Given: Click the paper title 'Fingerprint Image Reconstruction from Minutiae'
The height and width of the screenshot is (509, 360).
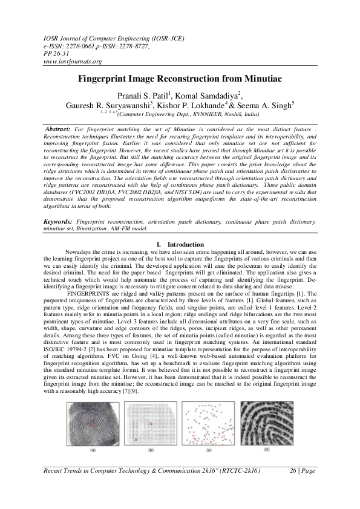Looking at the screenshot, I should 180,79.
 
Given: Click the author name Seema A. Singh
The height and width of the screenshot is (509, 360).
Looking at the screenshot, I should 270,104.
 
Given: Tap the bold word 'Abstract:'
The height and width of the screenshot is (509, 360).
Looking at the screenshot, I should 58,130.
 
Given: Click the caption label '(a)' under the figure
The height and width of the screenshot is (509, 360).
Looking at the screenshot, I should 93,450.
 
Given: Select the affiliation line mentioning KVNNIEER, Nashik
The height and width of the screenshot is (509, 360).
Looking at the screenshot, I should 188,113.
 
